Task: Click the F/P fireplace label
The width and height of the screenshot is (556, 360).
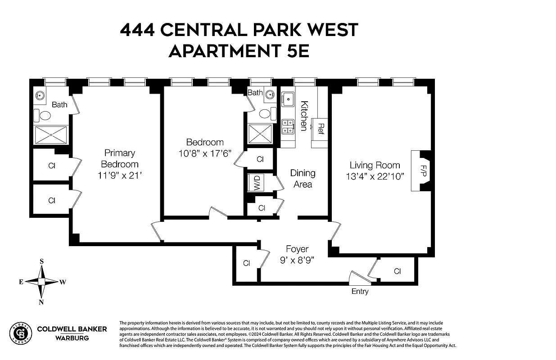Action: pos(423,171)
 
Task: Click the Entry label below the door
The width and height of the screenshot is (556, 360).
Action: pos(360,291)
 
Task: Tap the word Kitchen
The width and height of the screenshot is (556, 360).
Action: pos(304,116)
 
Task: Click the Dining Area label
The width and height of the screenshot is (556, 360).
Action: pos(303,178)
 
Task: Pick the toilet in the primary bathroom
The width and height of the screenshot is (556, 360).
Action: pos(45,116)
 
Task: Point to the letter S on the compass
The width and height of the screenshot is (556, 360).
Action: pos(41,261)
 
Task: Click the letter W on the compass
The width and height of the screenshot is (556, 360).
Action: pos(63,282)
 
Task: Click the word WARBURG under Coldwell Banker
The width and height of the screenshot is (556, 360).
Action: pos(72,338)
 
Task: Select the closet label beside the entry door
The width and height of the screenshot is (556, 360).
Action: pos(397,271)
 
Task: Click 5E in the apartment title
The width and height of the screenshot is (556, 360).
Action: pos(295,51)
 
